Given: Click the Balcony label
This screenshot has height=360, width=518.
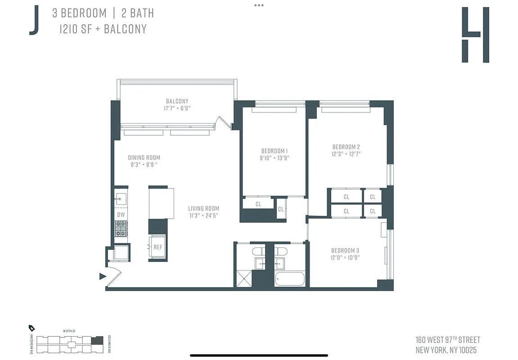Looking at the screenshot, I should pyautogui.click(x=177, y=101).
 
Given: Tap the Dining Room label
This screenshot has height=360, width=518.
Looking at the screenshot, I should pyautogui.click(x=144, y=157).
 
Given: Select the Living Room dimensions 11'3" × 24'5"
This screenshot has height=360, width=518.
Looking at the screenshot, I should pyautogui.click(x=203, y=216).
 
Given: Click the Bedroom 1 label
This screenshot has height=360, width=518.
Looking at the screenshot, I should pyautogui.click(x=274, y=151).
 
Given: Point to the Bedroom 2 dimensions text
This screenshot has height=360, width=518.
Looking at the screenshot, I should pyautogui.click(x=346, y=154).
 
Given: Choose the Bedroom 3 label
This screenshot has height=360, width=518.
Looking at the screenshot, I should pyautogui.click(x=345, y=251).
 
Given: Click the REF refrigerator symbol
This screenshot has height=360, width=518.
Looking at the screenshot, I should pyautogui.click(x=158, y=247).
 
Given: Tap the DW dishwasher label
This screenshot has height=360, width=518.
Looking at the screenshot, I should pyautogui.click(x=121, y=215).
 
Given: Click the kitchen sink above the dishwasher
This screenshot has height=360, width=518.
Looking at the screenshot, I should pyautogui.click(x=121, y=198).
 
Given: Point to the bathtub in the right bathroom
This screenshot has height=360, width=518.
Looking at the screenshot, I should pyautogui.click(x=290, y=279).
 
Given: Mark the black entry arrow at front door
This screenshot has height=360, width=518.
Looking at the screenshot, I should pyautogui.click(x=103, y=276).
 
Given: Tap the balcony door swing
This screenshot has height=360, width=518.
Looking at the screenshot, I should pyautogui.click(x=223, y=122).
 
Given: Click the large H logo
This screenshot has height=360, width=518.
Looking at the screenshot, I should pyautogui.click(x=475, y=35).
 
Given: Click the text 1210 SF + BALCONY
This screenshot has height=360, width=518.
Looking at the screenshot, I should pyautogui.click(x=103, y=29).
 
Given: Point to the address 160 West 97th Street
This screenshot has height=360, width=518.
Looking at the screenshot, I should pyautogui.click(x=448, y=340).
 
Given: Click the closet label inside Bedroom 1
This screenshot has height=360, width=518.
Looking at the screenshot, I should pyautogui.click(x=258, y=204).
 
